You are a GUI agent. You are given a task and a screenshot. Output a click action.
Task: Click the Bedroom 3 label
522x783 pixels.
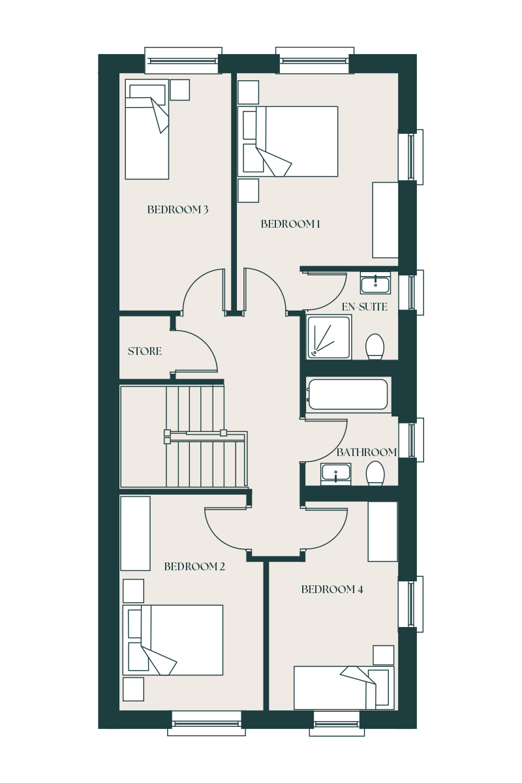pos(177,209)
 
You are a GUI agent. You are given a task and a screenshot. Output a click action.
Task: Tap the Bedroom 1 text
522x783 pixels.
pos(290,224)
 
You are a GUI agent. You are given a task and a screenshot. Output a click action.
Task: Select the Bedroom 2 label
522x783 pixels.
pos(194,566)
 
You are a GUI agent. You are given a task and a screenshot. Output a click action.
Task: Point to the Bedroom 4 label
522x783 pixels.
pos(332,589)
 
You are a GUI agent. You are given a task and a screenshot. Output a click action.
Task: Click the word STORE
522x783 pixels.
pos(145,351)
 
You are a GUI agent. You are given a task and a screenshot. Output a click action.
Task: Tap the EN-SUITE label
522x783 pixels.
pos(364,307)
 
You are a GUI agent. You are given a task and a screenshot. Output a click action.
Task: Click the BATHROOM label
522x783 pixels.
pos(367,452)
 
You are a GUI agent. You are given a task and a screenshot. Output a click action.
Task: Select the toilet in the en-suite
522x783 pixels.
pos(375,346)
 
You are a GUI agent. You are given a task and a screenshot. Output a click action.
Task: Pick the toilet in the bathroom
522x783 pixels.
pos(375,473)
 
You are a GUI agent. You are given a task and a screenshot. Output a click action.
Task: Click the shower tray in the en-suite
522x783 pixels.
pos(329,337)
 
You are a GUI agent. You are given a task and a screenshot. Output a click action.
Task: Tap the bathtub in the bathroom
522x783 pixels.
pos(348,394)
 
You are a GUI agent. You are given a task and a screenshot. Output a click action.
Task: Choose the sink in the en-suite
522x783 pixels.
pos(375,283)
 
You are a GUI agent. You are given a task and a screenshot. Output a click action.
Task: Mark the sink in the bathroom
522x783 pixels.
pos(335,474)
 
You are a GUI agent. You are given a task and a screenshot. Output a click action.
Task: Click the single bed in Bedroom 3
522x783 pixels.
pos(147,129)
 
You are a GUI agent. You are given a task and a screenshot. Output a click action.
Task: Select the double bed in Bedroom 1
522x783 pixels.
pos(288,142)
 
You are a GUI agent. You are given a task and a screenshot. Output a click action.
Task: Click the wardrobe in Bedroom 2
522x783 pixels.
pos(135,534)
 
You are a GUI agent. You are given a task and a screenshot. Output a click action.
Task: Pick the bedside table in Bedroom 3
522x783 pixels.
pos(180,90)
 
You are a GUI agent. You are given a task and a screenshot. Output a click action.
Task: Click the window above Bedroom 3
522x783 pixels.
pos(183,61)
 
